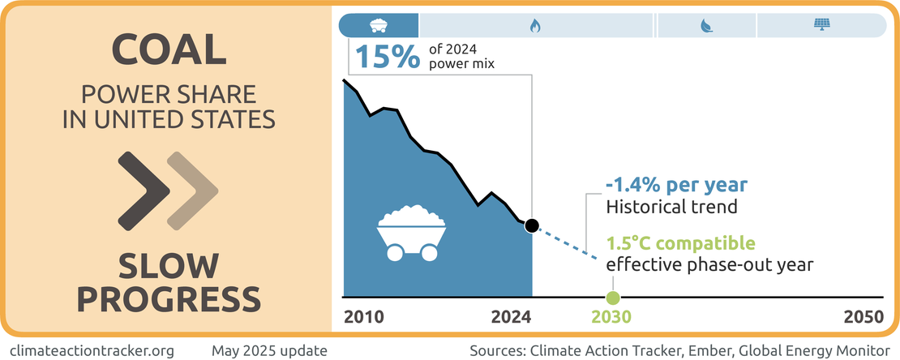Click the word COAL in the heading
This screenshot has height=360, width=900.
point(168,51)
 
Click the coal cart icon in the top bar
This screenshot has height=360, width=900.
point(378,25)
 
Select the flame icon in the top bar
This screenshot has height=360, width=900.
point(535,26)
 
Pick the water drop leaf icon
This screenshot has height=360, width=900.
point(706,26)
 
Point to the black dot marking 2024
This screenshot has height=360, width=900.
point(531,225)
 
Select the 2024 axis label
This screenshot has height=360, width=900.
point(511,317)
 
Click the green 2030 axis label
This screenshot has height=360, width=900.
point(612,317)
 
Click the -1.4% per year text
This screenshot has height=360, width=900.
point(676,184)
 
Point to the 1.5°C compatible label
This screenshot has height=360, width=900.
point(681,243)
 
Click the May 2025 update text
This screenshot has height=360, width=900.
point(269,350)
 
